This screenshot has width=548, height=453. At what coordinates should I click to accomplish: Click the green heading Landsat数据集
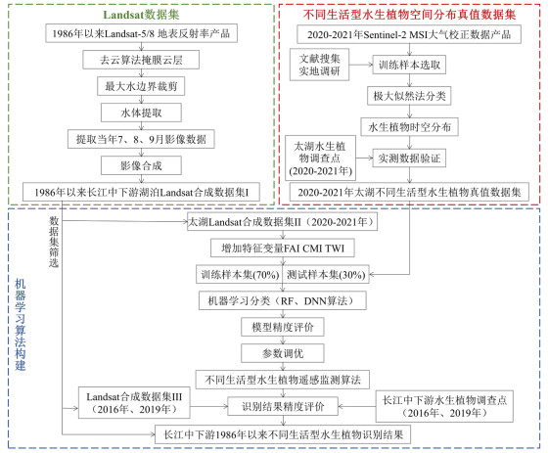tap(141, 15)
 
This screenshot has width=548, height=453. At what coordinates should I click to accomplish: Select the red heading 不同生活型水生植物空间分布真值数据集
tap(409, 15)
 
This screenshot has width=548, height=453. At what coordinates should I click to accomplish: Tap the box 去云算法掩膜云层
tap(141, 60)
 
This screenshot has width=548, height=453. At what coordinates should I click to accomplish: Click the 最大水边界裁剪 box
tap(141, 86)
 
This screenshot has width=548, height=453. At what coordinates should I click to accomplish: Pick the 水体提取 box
tap(141, 113)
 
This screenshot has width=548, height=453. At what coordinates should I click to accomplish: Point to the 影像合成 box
tap(141, 165)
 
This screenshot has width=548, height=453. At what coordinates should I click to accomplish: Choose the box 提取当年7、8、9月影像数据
tap(141, 139)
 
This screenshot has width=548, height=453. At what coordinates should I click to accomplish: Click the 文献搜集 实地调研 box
tap(319, 65)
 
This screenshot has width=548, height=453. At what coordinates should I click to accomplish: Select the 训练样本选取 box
tap(409, 65)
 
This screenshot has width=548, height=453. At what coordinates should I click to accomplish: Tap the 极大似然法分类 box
tap(409, 96)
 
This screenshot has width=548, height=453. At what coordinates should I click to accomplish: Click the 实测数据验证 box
tap(409, 159)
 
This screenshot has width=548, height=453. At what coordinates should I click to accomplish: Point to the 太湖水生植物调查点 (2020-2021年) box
tap(321, 159)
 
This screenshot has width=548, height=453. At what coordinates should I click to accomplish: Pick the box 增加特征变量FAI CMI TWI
tap(283, 249)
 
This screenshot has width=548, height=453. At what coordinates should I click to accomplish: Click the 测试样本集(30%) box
tap(326, 274)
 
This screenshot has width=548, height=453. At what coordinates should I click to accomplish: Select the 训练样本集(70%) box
tap(240, 274)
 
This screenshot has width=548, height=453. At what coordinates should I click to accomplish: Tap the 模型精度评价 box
tap(283, 327)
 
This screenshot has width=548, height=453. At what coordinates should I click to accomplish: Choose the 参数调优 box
tap(283, 353)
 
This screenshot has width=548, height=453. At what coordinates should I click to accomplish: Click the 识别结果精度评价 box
tap(283, 406)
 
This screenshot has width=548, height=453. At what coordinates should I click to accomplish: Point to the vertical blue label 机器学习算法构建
tap(21, 325)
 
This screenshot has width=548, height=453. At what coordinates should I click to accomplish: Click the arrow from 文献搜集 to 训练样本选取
tap(361, 65)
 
